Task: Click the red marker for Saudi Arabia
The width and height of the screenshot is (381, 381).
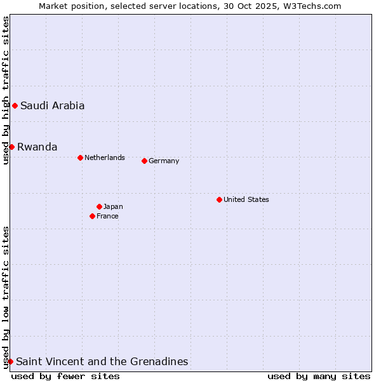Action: click(15, 105)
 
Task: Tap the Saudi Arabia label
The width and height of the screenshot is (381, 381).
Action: click(52, 106)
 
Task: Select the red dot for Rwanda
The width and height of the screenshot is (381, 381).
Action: click(11, 147)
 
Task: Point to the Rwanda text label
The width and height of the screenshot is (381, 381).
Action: click(37, 147)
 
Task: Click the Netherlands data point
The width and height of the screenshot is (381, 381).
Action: click(80, 157)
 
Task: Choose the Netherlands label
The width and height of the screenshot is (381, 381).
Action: click(104, 157)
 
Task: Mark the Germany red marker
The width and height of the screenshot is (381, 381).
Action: click(144, 161)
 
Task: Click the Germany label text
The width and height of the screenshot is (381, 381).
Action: click(164, 161)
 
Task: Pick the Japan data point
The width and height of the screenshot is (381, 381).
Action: click(99, 206)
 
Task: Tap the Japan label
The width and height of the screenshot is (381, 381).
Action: click(113, 206)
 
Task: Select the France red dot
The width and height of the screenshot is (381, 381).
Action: click(92, 216)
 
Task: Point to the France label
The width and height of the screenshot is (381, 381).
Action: click(107, 216)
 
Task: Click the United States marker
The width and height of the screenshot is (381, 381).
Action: click(219, 199)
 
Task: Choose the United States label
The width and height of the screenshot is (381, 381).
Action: click(246, 199)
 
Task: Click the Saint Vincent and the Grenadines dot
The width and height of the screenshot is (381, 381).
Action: click(10, 361)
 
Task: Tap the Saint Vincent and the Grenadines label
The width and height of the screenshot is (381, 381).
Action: click(102, 362)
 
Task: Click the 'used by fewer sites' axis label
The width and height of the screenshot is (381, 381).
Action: click(65, 376)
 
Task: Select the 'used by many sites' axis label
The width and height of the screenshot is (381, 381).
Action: click(319, 376)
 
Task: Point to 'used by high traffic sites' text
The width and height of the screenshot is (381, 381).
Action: click(6, 90)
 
